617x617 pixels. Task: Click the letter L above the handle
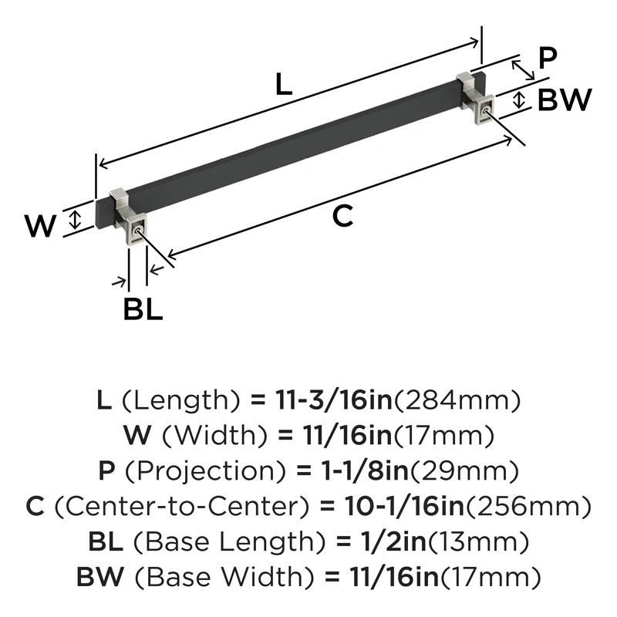pos(285,86)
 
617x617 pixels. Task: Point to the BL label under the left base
pos(143,309)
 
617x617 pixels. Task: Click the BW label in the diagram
pos(564,100)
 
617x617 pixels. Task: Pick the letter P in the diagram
pos(548,58)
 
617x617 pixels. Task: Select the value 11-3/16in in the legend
pos(334,400)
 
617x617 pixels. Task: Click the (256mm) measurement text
pos(533,506)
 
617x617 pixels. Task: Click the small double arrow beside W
pos(75,218)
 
